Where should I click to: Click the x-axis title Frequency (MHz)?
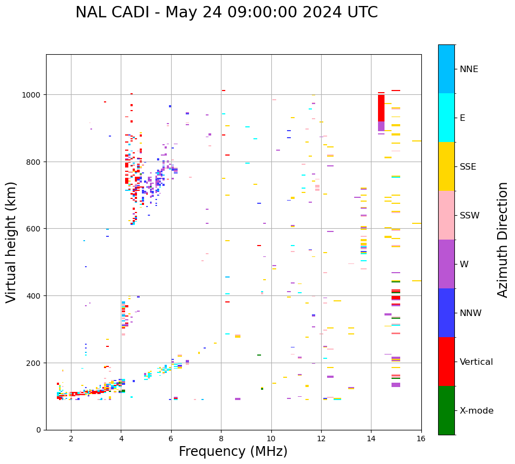click(x=233, y=452)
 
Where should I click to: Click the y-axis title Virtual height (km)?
click(x=11, y=242)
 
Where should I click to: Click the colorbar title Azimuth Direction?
click(x=503, y=240)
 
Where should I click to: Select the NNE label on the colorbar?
click(x=469, y=69)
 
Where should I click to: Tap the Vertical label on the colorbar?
click(x=477, y=362)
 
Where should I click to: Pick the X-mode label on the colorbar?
click(x=477, y=411)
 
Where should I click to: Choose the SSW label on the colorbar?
click(x=470, y=216)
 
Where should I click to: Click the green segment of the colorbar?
click(x=446, y=410)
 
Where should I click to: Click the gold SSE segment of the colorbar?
click(x=446, y=166)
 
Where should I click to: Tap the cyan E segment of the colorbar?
click(x=446, y=118)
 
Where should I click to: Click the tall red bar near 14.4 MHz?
click(x=381, y=108)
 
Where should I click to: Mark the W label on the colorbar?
click(x=464, y=265)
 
